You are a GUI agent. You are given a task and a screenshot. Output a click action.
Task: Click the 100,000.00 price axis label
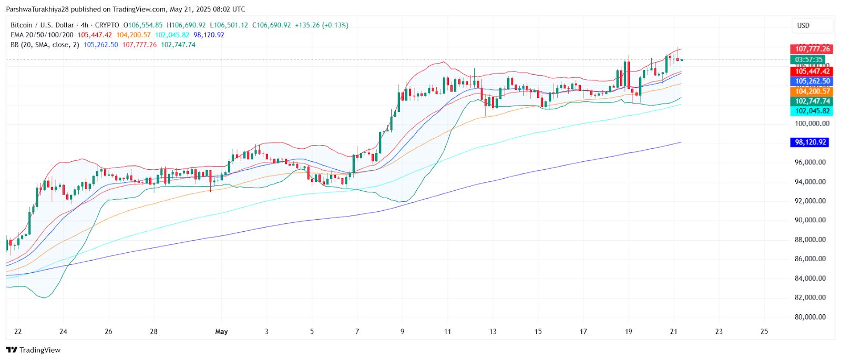(812, 124)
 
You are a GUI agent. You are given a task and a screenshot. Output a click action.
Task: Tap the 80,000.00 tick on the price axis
(810, 317)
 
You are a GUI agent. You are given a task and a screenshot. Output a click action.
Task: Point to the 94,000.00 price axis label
(810, 182)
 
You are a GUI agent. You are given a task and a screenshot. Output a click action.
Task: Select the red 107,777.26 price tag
(812, 49)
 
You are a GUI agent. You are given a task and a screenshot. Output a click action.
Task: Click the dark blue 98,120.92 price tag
(809, 142)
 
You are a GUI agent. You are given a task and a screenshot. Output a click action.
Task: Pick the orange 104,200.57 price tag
(812, 91)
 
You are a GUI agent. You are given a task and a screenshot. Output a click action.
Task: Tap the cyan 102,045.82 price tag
(812, 111)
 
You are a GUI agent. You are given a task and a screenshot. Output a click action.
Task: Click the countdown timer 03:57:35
(808, 60)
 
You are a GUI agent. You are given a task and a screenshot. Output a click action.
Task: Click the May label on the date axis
(221, 332)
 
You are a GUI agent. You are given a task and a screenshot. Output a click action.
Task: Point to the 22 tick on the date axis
(18, 332)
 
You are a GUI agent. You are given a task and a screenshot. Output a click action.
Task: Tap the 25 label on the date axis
(764, 332)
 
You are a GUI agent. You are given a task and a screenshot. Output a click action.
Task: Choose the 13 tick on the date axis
(493, 332)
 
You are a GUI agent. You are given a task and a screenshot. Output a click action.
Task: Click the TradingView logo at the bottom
(33, 350)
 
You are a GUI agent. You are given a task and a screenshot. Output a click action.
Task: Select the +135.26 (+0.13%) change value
(321, 25)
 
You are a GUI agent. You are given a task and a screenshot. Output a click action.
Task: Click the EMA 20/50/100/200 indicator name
(42, 35)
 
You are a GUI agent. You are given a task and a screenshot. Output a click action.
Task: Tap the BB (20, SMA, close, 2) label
(45, 45)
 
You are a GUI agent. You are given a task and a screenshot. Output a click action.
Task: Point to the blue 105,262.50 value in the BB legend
(100, 45)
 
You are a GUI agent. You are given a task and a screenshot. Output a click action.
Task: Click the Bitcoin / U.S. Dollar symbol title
(43, 25)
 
